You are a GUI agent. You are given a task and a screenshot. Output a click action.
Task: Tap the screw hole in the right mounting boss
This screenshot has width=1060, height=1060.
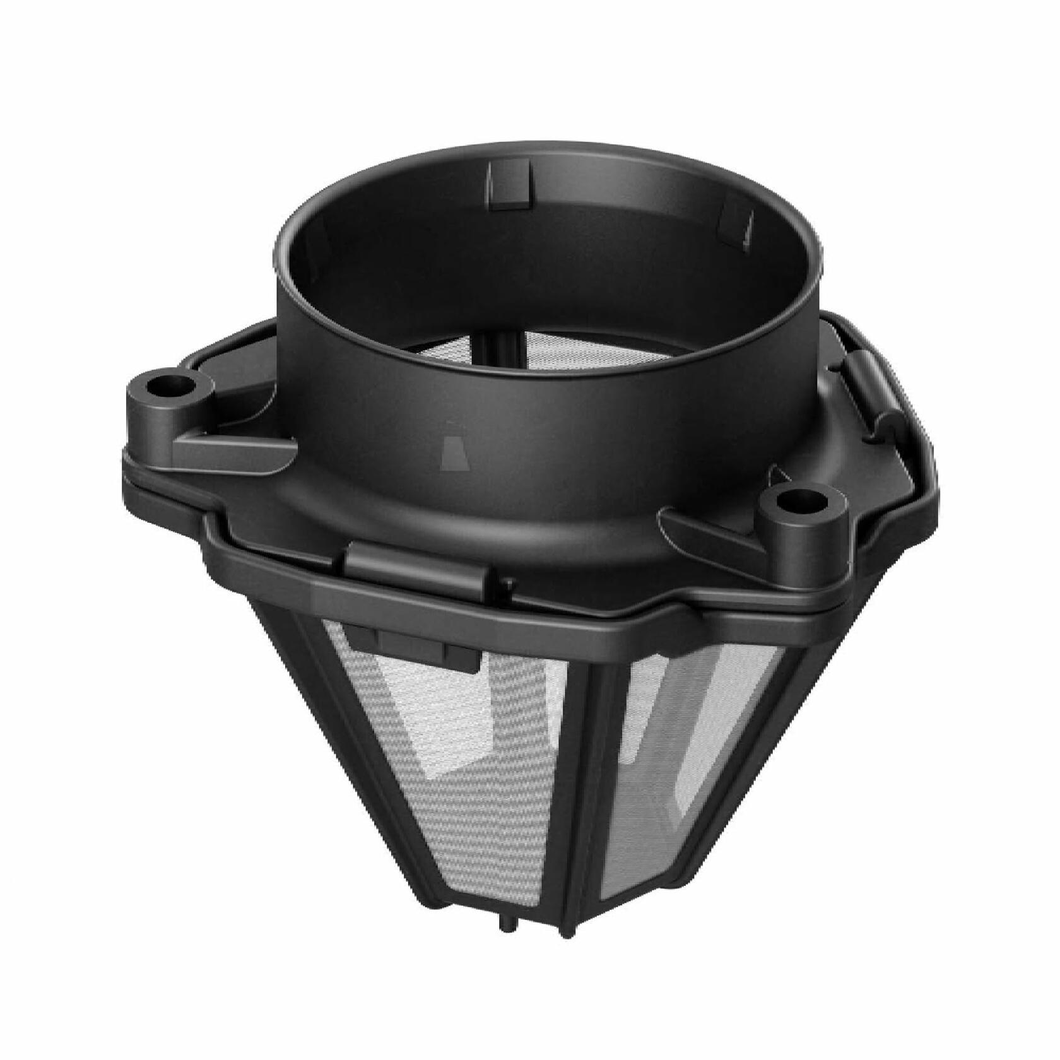pyautogui.click(x=792, y=502)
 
